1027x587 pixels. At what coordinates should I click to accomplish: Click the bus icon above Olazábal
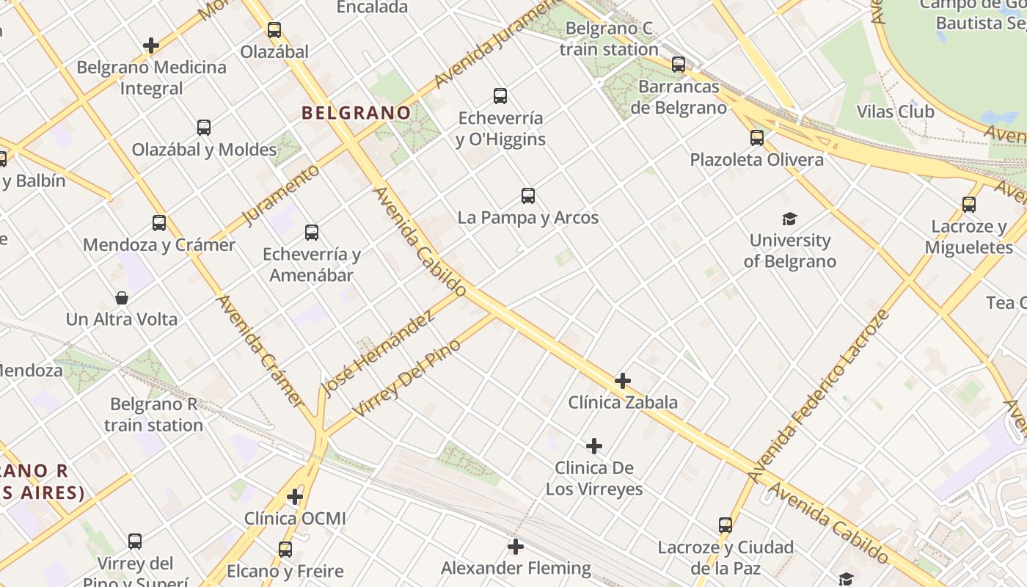(x=274, y=30)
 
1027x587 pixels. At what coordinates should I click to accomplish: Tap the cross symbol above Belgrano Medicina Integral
(x=151, y=45)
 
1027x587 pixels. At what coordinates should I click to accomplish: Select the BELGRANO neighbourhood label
(x=356, y=113)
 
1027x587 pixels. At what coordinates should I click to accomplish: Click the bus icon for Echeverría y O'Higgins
(x=500, y=96)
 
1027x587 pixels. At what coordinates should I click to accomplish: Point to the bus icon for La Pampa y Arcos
(x=528, y=196)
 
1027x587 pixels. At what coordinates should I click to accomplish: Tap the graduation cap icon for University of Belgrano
(x=789, y=219)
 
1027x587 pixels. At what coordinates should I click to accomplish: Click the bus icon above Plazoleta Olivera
(x=757, y=138)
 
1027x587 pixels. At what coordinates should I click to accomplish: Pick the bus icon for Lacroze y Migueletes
(x=969, y=205)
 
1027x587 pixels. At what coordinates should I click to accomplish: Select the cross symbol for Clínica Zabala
(x=623, y=381)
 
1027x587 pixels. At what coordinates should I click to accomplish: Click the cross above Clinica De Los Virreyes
(x=594, y=446)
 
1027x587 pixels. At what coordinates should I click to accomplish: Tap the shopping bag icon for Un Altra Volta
(x=122, y=298)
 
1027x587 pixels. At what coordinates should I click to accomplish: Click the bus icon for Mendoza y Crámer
(x=159, y=223)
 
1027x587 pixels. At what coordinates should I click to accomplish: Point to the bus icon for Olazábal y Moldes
(x=204, y=128)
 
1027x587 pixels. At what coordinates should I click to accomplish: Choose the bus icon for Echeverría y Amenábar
(x=312, y=233)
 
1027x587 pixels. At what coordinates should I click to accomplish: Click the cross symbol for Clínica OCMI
(x=295, y=497)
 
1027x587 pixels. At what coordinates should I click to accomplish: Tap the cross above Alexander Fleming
(x=516, y=547)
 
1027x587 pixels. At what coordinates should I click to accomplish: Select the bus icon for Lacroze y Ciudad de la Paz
(x=726, y=525)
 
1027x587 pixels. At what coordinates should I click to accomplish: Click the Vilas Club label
(x=895, y=112)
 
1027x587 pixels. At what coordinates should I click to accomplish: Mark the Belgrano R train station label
(x=153, y=415)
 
